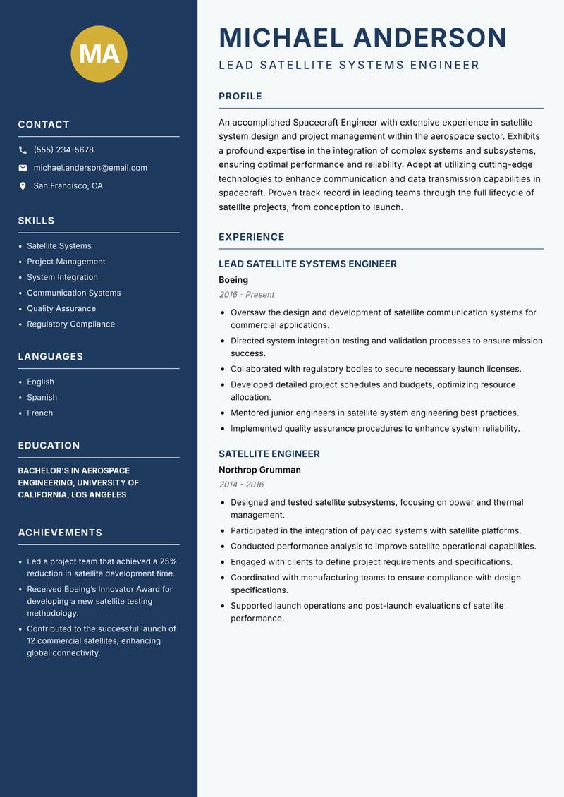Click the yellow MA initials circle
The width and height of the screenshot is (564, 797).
tap(99, 54)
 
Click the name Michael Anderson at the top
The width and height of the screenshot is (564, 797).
tap(363, 37)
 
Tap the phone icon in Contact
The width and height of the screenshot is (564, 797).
tap(23, 150)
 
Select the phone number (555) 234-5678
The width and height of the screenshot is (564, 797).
tap(63, 150)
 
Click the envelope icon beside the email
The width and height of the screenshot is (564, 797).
tap(23, 168)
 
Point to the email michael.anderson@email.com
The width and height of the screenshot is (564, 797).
tap(90, 168)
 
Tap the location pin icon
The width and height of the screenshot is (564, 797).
tap(23, 186)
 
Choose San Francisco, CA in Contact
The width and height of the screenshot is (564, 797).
tap(68, 186)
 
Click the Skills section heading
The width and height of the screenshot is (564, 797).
tap(36, 221)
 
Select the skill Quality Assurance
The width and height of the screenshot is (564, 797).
tap(61, 308)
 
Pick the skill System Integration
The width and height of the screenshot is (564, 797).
tap(62, 277)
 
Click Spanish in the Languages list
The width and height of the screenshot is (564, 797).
tap(42, 397)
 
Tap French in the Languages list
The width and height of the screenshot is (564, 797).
tap(39, 413)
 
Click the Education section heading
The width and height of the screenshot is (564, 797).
tap(49, 446)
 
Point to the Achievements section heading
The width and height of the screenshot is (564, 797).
tap(60, 533)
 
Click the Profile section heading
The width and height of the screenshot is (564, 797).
tap(240, 97)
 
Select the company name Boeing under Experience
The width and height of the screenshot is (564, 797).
tap(233, 280)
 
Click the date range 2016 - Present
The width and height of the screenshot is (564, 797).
tap(246, 295)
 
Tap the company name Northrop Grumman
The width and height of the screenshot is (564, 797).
tap(259, 470)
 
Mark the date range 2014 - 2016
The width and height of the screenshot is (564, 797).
tap(241, 485)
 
